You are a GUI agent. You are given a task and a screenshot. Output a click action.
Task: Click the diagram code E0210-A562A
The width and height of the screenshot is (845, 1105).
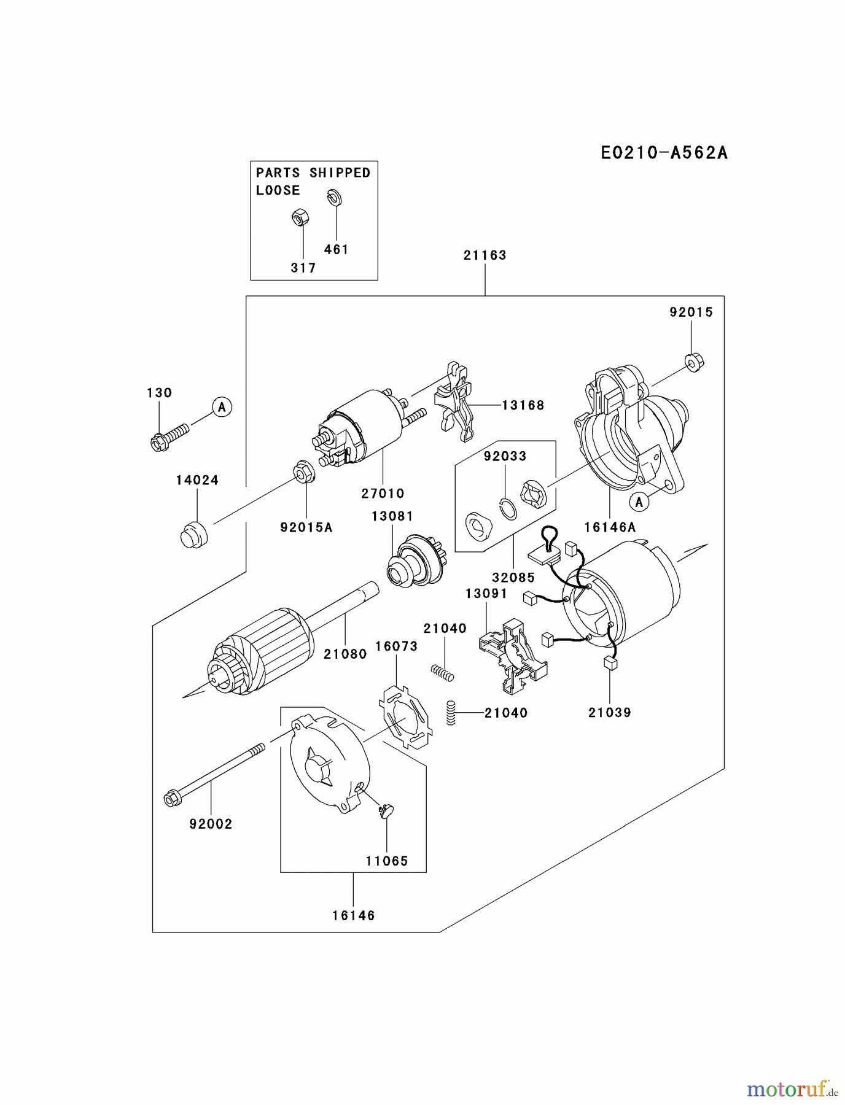pyautogui.click(x=664, y=153)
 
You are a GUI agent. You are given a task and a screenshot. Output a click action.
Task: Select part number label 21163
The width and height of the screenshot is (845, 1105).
pyautogui.click(x=485, y=255)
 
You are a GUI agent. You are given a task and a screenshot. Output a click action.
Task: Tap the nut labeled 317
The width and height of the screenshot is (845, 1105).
pyautogui.click(x=300, y=217)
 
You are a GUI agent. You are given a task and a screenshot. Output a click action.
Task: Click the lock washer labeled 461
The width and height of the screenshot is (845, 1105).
pyautogui.click(x=335, y=197)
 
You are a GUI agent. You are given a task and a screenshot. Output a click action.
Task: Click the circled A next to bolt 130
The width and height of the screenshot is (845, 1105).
pyautogui.click(x=222, y=406)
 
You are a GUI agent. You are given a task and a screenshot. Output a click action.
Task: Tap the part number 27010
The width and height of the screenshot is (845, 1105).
pyautogui.click(x=382, y=494)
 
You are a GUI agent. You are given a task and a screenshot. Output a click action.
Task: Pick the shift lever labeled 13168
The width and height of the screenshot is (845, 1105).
pyautogui.click(x=454, y=402)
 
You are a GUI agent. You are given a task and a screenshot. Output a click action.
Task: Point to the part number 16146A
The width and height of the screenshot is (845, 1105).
pyautogui.click(x=609, y=527)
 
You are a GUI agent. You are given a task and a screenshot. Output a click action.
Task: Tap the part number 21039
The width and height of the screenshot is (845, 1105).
pyautogui.click(x=609, y=713)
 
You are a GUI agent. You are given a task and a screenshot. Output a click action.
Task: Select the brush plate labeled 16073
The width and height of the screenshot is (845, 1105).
pyautogui.click(x=404, y=716)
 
